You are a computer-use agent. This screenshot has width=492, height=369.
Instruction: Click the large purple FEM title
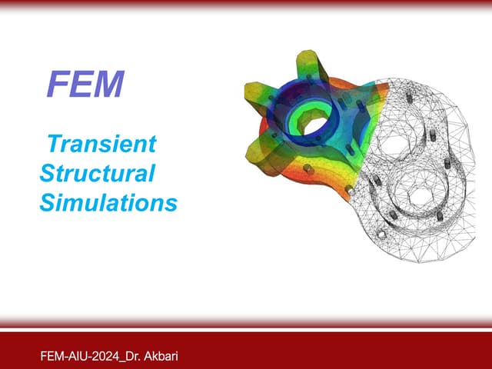[x=85, y=84]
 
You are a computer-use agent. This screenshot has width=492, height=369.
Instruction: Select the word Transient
[x=101, y=144]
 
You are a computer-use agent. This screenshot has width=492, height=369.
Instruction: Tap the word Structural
[x=98, y=173]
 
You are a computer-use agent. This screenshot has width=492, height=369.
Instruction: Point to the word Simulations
[x=108, y=202]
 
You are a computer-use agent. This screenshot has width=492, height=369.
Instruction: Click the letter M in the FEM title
[x=108, y=84]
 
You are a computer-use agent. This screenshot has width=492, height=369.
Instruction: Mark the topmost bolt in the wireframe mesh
[x=410, y=97]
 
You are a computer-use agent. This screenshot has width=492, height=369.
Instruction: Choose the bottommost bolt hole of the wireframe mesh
[x=381, y=234]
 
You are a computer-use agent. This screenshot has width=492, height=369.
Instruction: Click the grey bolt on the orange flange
[x=308, y=169]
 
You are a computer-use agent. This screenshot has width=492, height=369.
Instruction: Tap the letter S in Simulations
[x=47, y=203]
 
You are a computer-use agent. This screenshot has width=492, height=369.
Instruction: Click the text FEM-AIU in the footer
[x=64, y=357]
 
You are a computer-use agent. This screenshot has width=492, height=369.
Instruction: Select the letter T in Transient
[x=55, y=144]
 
